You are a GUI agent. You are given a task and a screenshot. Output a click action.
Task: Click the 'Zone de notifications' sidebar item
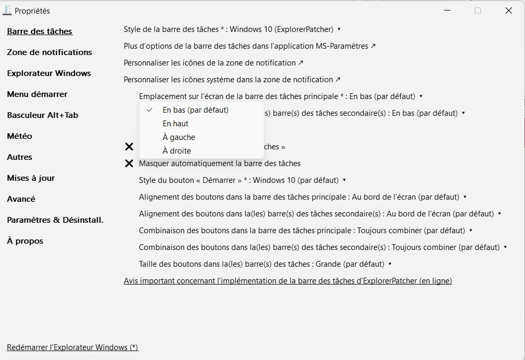click(x=49, y=52)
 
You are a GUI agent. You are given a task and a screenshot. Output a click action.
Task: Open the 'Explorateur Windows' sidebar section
click(x=49, y=73)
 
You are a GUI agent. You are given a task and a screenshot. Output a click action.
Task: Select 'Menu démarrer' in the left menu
click(x=37, y=94)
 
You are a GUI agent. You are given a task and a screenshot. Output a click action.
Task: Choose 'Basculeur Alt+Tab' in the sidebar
click(x=42, y=115)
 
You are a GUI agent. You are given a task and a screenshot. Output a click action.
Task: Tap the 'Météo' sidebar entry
click(x=19, y=136)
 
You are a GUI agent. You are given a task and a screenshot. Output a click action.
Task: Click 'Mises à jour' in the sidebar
click(x=31, y=178)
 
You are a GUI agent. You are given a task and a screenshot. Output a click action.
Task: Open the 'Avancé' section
click(x=21, y=199)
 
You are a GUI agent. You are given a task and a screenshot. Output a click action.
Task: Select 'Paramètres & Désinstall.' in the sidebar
click(x=55, y=220)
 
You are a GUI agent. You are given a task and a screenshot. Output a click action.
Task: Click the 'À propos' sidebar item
click(x=25, y=241)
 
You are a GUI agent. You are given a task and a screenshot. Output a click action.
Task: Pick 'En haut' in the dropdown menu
click(x=176, y=124)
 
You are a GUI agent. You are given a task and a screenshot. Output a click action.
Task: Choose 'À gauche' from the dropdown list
click(x=179, y=137)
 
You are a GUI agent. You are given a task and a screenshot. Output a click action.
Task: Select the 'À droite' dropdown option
click(x=177, y=151)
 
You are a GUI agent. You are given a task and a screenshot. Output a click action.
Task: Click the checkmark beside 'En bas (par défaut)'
click(x=150, y=110)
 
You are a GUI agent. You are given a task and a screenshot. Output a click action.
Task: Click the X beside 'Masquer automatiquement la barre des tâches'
click(x=129, y=163)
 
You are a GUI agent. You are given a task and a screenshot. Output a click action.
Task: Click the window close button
click(x=508, y=10)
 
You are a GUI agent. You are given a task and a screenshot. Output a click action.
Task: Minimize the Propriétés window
click(x=447, y=10)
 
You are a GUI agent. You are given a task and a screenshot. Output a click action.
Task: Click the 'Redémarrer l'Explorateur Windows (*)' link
click(x=72, y=347)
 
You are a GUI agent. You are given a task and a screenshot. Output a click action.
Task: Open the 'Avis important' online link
click(x=287, y=281)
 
